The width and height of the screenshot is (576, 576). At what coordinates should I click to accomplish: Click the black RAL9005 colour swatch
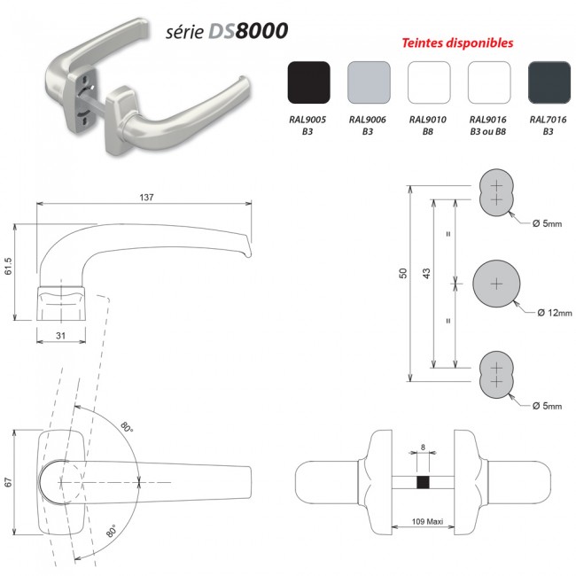pos(309,84)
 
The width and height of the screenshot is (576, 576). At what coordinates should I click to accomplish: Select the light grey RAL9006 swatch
pos(370,84)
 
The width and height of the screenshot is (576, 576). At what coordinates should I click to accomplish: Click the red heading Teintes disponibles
pos(458,43)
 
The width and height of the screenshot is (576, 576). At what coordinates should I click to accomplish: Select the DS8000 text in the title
pos(247,31)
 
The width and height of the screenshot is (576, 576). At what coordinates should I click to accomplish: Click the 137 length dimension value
pos(145,198)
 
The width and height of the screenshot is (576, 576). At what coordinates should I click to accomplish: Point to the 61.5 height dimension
pos(8,269)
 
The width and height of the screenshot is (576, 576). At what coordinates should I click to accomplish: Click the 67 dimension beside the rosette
pos(8,482)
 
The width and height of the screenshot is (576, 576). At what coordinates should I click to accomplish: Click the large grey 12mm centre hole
pos(495,284)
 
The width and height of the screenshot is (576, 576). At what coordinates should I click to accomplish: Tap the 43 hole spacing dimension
pos(425,276)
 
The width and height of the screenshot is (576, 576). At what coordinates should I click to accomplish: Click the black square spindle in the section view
pos(423,483)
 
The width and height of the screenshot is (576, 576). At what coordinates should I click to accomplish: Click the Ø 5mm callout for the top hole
pos(547,223)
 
